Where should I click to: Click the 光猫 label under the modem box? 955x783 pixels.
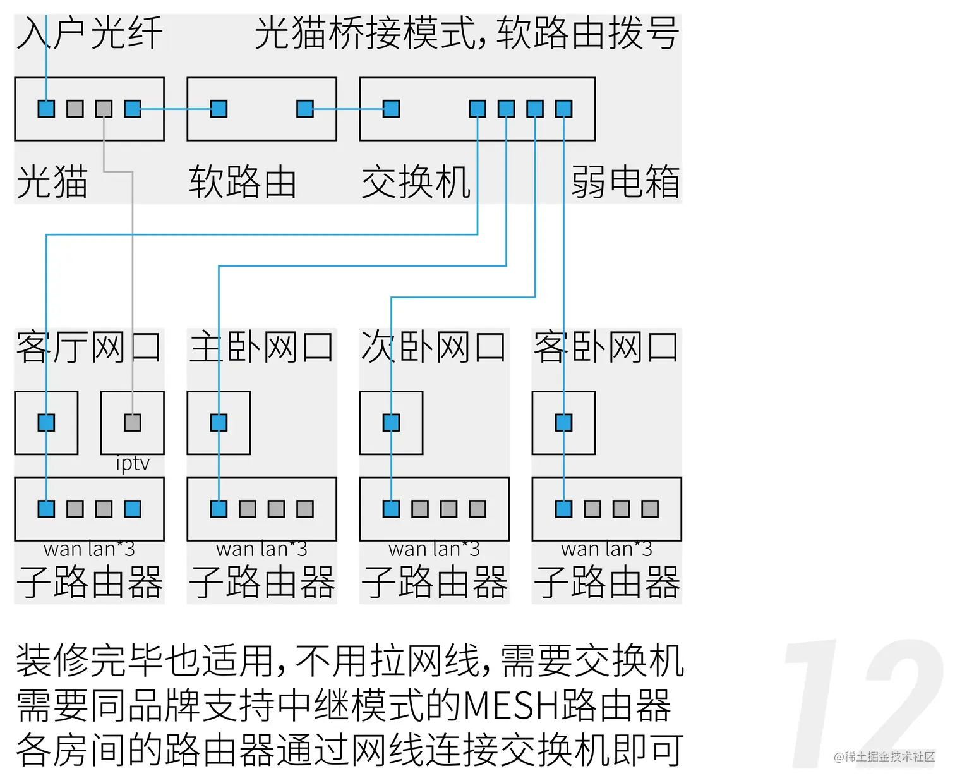[52, 182]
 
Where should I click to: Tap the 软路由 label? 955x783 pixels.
[243, 182]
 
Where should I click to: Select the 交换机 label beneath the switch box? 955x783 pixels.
[416, 182]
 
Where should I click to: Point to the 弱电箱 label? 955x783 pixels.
[625, 182]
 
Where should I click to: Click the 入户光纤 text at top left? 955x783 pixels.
[90, 33]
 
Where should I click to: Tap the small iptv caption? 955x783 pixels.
[133, 463]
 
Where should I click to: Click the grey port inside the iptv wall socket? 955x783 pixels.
[133, 422]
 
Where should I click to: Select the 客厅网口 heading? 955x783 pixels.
[89, 347]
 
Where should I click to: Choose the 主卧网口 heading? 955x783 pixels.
[261, 347]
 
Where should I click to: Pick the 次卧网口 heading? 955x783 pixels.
[434, 347]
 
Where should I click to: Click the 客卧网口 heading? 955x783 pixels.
[606, 347]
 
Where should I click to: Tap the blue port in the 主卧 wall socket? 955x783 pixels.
[219, 422]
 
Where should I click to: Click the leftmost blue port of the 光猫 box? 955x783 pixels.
[46, 109]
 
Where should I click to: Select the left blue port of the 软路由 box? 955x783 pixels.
[219, 109]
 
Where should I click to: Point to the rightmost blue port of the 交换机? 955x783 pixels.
[563, 109]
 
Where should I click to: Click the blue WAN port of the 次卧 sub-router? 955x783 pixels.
[391, 509]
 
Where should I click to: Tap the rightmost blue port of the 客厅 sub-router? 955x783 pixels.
[133, 509]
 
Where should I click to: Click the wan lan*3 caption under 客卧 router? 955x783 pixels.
[606, 549]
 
